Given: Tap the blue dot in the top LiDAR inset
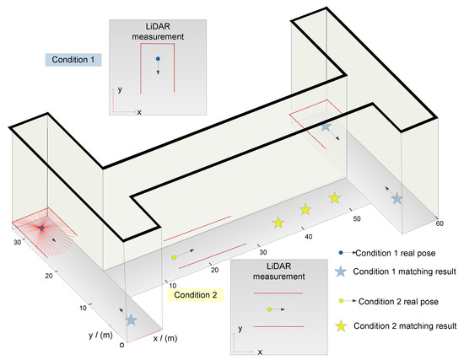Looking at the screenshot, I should tap(157, 59).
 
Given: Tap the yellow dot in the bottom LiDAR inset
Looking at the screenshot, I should tap(268, 309).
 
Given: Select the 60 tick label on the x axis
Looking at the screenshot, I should tap(440, 224).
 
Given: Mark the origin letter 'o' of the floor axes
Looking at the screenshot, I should tap(121, 344).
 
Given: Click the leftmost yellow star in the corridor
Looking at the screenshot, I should tap(278, 223).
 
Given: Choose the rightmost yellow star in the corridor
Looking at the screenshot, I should tap(334, 199).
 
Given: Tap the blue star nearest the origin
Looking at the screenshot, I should tap(131, 320).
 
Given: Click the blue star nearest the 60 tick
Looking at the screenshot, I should tap(397, 198).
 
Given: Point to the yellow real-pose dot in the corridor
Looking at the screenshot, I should tap(174, 257).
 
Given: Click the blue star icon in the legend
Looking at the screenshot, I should tap(340, 271).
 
